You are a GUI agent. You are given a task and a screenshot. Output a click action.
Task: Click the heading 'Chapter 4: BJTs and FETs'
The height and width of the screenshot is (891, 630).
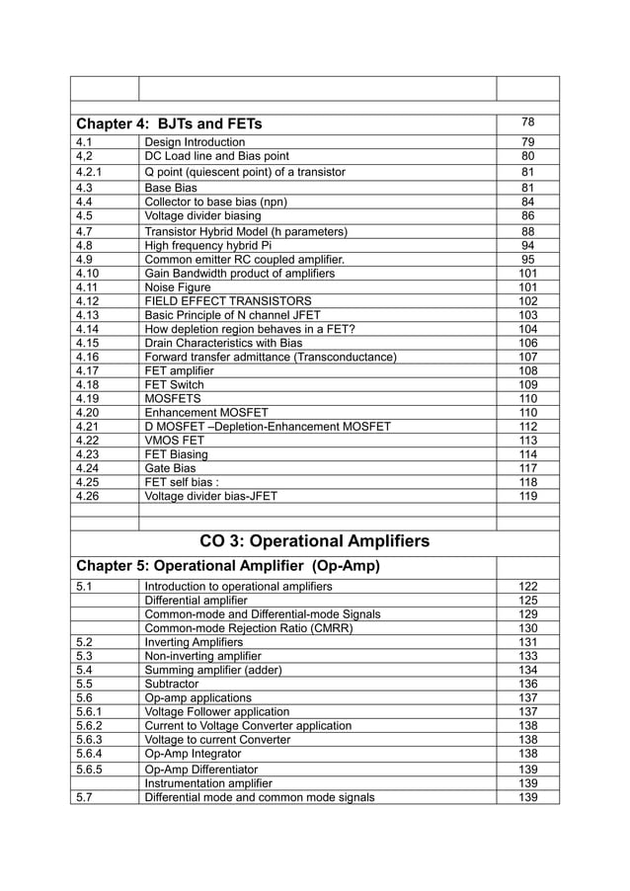(171, 124)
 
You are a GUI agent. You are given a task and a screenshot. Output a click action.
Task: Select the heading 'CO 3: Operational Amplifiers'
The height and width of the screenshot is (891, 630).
(314, 541)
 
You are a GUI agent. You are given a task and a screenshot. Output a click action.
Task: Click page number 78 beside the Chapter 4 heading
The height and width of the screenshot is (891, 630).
(527, 122)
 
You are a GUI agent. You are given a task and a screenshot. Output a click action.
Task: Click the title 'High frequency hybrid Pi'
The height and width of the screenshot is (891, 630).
(207, 245)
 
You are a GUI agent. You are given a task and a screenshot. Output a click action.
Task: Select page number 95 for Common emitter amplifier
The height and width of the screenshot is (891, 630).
(527, 259)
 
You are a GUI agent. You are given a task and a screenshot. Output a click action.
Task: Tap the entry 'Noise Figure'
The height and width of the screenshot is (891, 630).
(178, 287)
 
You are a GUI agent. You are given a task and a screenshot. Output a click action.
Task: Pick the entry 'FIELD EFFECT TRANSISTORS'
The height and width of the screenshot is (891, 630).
(228, 301)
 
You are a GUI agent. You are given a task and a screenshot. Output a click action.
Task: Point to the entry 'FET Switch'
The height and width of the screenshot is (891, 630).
(176, 384)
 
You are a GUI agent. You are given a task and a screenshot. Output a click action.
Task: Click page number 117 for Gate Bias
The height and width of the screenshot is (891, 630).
(527, 468)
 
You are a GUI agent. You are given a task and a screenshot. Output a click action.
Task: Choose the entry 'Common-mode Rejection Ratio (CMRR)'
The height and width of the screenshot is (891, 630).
(249, 628)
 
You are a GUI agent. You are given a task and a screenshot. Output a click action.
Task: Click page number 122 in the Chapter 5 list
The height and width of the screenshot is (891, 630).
(527, 587)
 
